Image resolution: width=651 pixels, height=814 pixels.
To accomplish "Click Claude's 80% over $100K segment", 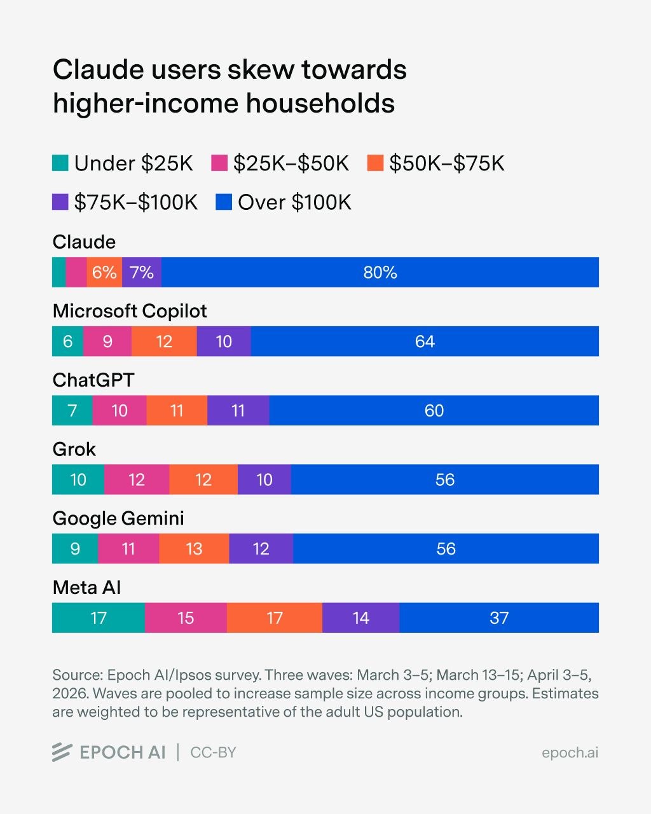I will (380, 272).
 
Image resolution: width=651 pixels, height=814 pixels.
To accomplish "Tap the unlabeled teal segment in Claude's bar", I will (58, 272).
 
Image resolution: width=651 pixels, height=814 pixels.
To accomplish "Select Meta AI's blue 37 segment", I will (499, 617).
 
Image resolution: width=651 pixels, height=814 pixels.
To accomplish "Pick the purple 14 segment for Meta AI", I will (360, 617).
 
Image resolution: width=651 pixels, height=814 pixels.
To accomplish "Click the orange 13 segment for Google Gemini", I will (194, 549).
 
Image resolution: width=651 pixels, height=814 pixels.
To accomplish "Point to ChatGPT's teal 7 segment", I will (72, 410).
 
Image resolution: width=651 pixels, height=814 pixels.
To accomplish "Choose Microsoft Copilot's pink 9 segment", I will (107, 341).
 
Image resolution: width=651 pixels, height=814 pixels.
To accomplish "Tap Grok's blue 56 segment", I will (445, 479).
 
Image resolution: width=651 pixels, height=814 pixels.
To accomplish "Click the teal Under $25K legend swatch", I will (60, 163).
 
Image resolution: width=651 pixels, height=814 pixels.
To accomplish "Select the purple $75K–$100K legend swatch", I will (60, 202).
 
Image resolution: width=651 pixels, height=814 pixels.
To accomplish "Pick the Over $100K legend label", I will (294, 202).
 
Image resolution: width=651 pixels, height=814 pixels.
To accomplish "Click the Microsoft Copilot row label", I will (130, 311).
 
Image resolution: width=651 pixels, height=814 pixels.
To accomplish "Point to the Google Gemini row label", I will (118, 518).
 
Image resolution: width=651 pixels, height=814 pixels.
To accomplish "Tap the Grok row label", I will (74, 449).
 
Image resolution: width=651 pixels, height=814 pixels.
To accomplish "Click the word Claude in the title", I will (97, 69).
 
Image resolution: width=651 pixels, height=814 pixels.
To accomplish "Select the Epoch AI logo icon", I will (62, 752).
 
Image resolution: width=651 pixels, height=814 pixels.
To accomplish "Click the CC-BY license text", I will (213, 752).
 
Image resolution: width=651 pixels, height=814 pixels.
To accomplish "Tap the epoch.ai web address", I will (570, 752).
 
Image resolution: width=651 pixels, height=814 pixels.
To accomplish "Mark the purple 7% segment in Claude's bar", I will (141, 272).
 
